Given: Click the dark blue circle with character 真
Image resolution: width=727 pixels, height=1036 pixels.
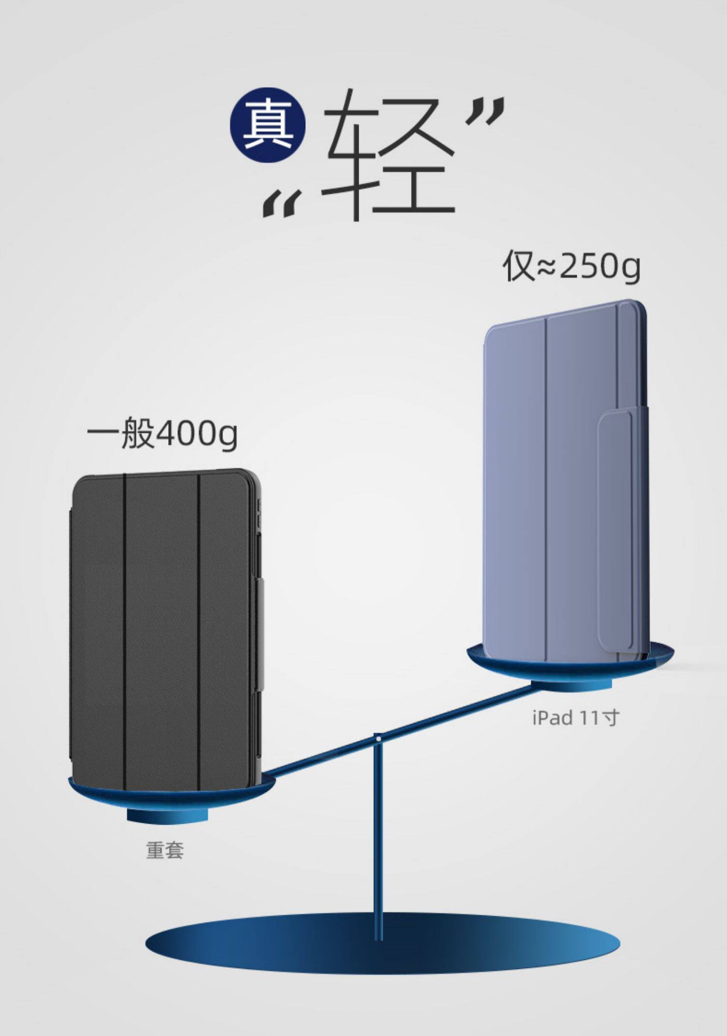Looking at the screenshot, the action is tap(268, 125).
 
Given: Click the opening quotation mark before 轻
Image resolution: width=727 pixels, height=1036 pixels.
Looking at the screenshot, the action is tap(281, 203).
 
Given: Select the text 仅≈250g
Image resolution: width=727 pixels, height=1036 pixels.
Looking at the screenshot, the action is tap(571, 266).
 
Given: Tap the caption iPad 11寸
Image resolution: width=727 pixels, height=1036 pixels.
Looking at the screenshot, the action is tap(575, 718).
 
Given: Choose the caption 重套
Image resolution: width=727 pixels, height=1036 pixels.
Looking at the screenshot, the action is tap(165, 851).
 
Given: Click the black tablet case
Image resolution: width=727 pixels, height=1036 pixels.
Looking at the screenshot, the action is tap(165, 625).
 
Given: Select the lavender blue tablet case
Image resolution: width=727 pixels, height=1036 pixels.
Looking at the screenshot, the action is tap(543, 485).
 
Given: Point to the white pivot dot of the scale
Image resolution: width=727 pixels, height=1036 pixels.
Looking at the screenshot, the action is tap(378, 738).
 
